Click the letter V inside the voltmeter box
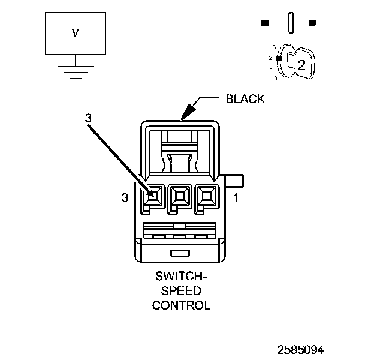click(75, 34)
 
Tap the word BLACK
click(245, 99)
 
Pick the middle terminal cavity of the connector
click(180, 194)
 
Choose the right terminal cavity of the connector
click(207, 194)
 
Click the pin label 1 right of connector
click(236, 197)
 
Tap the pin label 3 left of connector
click(125, 197)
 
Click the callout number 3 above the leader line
click(88, 118)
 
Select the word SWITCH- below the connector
click(181, 277)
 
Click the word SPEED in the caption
click(181, 291)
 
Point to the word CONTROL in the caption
click(181, 305)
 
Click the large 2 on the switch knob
click(301, 65)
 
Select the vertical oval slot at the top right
click(291, 23)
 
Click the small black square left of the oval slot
click(264, 23)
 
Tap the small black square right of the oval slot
click(312, 23)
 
